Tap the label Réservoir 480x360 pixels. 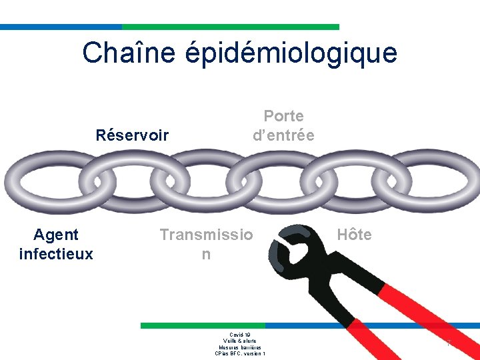click(132, 135)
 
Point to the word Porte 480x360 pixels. click(283, 116)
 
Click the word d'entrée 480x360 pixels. click(283, 135)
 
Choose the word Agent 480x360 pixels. click(56, 235)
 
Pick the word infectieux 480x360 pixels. click(56, 254)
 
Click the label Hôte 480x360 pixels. click(354, 235)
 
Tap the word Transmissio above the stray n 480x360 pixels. click(206, 235)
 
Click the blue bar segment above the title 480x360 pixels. click(61, 27)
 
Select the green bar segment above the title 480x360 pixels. click(231, 27)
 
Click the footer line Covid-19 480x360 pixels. click(240, 335)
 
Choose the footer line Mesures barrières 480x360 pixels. click(240, 347)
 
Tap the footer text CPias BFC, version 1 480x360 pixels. click(240, 353)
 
